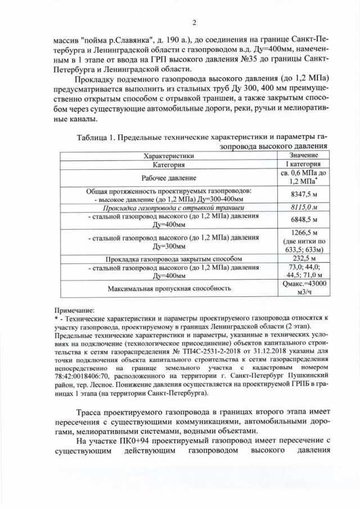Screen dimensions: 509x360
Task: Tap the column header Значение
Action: coord(304,155)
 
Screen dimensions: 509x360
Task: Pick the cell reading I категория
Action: coord(304,165)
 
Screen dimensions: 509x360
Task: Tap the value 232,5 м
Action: coord(304,259)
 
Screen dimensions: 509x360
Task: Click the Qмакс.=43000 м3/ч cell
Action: coord(304,289)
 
